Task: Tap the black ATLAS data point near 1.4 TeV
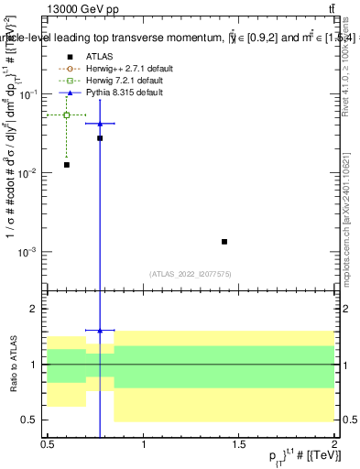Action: coord(224,242)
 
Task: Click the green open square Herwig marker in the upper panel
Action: coord(67,115)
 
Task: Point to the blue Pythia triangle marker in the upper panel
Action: coord(100,123)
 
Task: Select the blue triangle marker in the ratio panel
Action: coord(100,330)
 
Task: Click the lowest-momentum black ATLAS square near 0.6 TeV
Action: coord(67,165)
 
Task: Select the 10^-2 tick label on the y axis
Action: coord(32,173)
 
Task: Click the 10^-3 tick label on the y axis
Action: coord(32,252)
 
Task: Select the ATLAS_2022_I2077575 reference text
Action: coord(191,273)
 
